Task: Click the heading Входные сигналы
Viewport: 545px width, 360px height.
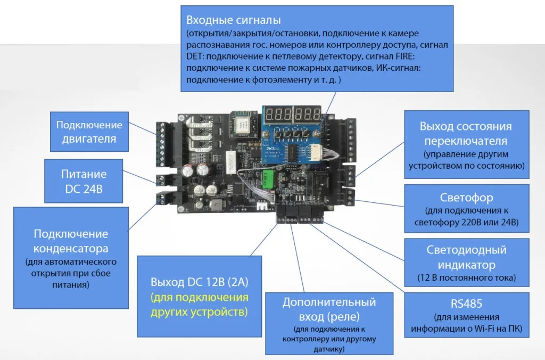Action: coord(233,21)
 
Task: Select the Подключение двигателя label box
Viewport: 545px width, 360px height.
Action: coord(89,132)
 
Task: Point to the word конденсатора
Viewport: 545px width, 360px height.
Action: coord(71,248)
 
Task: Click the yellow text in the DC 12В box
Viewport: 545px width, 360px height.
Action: coord(200,305)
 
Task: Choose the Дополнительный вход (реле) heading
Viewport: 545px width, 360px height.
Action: coord(329,309)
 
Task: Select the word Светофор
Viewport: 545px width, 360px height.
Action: coord(466,198)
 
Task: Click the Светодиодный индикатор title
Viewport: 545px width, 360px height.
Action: coord(466,257)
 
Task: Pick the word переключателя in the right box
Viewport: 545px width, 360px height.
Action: coord(466,141)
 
